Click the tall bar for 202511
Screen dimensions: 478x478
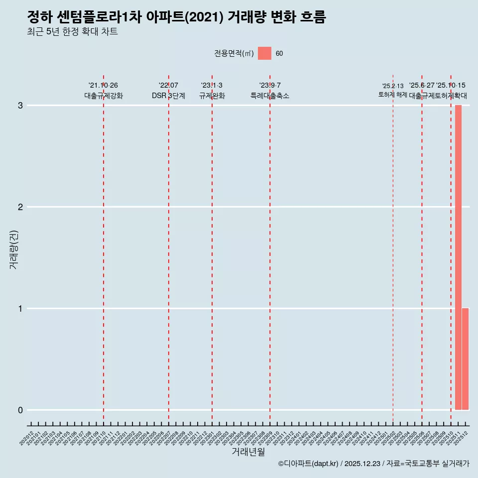tap(458, 257)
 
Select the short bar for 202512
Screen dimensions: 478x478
tap(465, 359)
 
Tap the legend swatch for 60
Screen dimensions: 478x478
tap(264, 53)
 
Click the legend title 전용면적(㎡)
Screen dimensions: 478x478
tap(234, 54)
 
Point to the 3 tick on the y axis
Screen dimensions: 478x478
tap(20, 106)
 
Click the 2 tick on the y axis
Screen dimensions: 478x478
tap(20, 207)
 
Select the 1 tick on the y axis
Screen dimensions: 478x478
tap(20, 309)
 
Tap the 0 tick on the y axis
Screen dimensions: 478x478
tap(20, 410)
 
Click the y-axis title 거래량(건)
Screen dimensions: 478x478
tap(14, 249)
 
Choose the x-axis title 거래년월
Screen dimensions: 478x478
tap(248, 452)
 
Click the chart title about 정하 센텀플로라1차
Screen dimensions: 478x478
tap(176, 17)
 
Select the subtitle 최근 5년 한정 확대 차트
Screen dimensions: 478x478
tap(72, 32)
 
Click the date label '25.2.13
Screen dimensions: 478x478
tap(393, 86)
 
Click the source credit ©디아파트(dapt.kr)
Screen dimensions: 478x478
tap(308, 464)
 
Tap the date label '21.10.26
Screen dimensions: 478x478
tap(103, 86)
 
